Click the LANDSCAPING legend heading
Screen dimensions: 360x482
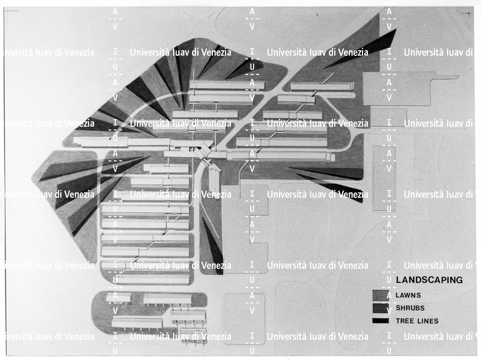click(x=429, y=280)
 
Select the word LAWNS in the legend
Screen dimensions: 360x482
click(x=408, y=295)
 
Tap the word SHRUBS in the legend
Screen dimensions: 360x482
click(x=410, y=308)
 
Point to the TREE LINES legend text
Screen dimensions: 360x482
click(x=417, y=321)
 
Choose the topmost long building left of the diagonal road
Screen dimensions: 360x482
click(x=227, y=85)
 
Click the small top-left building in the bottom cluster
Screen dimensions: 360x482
click(x=118, y=297)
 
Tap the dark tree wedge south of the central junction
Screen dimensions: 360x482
click(x=213, y=245)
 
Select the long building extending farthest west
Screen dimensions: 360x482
click(x=100, y=142)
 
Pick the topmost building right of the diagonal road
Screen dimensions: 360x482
click(x=321, y=86)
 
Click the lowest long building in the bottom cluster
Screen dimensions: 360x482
click(x=137, y=322)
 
